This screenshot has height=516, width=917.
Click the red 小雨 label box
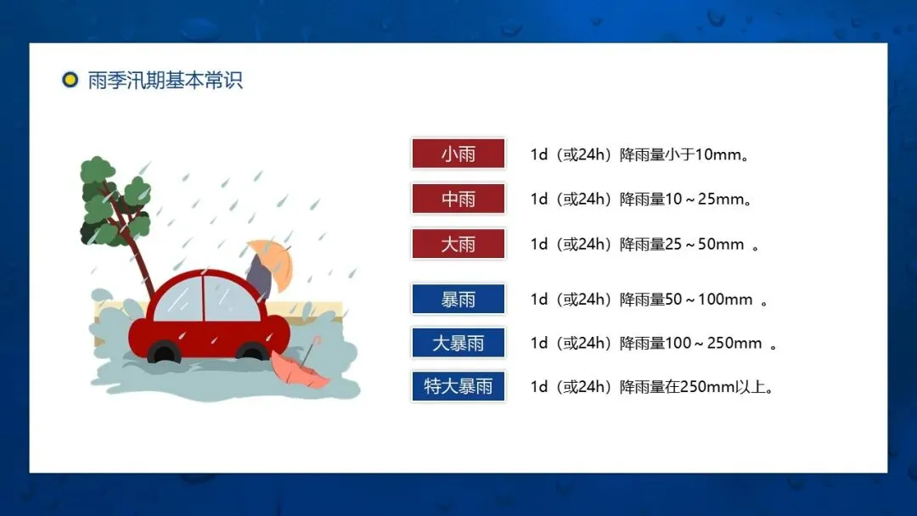458,154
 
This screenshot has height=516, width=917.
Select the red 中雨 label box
458,199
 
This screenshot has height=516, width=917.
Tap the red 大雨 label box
458,244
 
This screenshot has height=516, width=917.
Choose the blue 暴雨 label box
458,300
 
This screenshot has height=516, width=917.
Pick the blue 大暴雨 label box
458,343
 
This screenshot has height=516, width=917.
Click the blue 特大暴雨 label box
458,386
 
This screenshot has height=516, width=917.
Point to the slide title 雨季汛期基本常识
165,80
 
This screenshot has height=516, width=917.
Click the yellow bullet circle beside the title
70,80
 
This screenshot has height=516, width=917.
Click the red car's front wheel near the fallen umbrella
253,353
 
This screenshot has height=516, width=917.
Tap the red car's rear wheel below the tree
165,352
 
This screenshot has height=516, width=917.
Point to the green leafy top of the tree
114,199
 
